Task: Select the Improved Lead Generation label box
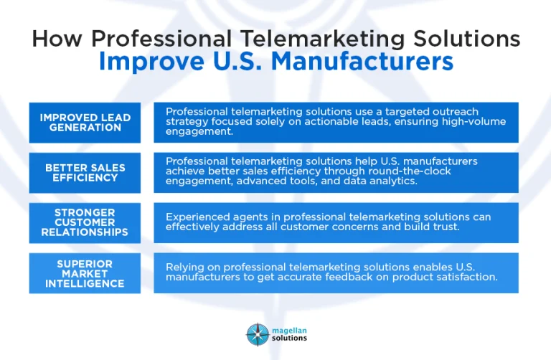click(85, 122)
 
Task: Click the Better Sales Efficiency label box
click(85, 172)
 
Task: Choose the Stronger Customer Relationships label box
click(85, 222)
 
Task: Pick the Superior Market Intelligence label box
click(85, 273)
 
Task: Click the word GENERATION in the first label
click(85, 127)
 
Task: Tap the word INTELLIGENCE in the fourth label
click(85, 284)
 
